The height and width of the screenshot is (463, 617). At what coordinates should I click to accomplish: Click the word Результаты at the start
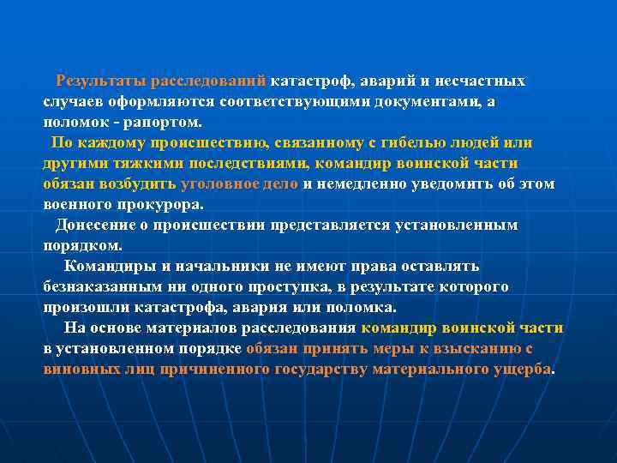point(101,81)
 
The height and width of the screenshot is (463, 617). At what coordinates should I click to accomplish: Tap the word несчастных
point(484,81)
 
